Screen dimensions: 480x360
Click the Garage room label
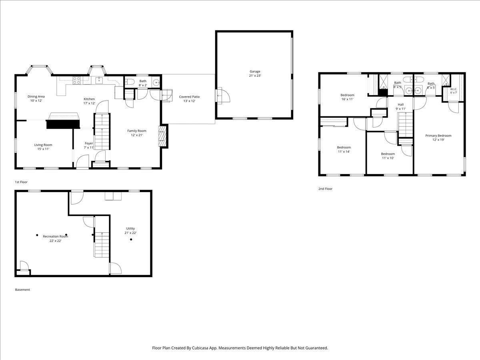[255, 74]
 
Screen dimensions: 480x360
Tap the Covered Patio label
[189, 99]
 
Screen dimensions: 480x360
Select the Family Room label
[137, 133]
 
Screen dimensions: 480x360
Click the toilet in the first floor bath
[130, 82]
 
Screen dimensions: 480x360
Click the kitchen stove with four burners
[76, 80]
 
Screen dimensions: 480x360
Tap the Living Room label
[43, 147]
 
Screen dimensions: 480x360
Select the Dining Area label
[36, 98]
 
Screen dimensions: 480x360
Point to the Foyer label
[89, 145]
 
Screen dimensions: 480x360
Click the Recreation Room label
[55, 238]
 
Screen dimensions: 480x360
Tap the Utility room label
[130, 231]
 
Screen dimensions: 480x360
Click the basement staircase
[102, 237]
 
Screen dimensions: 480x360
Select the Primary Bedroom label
[438, 138]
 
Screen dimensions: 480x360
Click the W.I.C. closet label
[454, 91]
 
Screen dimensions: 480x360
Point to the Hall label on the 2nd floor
[401, 107]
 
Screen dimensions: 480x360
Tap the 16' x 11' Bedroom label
[347, 97]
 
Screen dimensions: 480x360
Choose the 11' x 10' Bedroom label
[388, 156]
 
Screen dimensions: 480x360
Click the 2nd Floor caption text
[325, 189]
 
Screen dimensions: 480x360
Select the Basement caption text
[22, 290]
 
